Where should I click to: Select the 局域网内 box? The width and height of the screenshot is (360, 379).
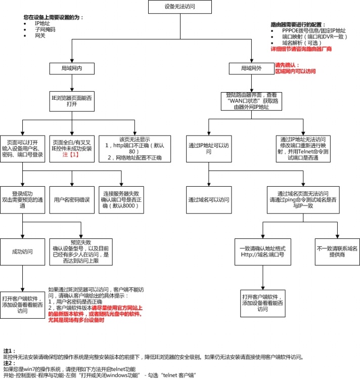pyautogui.click(x=71, y=68)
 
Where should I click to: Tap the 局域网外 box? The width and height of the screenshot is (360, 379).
pyautogui.click(x=250, y=68)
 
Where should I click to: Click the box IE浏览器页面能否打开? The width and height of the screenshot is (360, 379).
pyautogui.click(x=71, y=100)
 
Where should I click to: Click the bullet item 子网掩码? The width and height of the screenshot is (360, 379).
pyautogui.click(x=45, y=30)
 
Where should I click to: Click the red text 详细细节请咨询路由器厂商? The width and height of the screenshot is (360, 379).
pyautogui.click(x=301, y=49)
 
